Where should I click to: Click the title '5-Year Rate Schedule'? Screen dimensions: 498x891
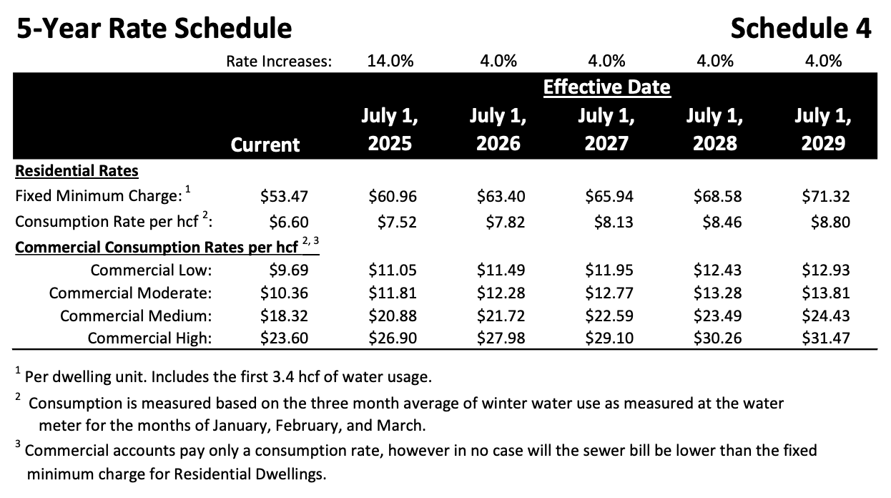(x=154, y=28)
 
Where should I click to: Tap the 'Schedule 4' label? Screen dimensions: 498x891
(x=801, y=28)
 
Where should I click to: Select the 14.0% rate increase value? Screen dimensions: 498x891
(x=390, y=61)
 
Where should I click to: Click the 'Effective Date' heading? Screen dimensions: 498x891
(x=606, y=87)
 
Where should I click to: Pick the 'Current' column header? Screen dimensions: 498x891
(x=265, y=145)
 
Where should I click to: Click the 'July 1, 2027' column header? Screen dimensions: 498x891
(x=606, y=130)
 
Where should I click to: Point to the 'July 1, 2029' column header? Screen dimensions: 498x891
(x=822, y=130)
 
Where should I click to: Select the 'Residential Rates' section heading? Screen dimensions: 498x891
(x=77, y=171)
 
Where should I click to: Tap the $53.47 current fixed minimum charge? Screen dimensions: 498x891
(x=285, y=196)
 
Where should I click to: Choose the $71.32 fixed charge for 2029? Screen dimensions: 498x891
(x=826, y=196)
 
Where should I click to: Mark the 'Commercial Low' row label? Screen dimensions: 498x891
(x=151, y=270)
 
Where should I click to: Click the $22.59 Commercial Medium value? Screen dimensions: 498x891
(x=609, y=316)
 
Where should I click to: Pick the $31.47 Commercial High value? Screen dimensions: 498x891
(x=826, y=338)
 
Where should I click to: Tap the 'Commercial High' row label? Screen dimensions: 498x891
(x=149, y=338)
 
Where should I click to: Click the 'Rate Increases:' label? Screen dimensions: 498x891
(x=279, y=62)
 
